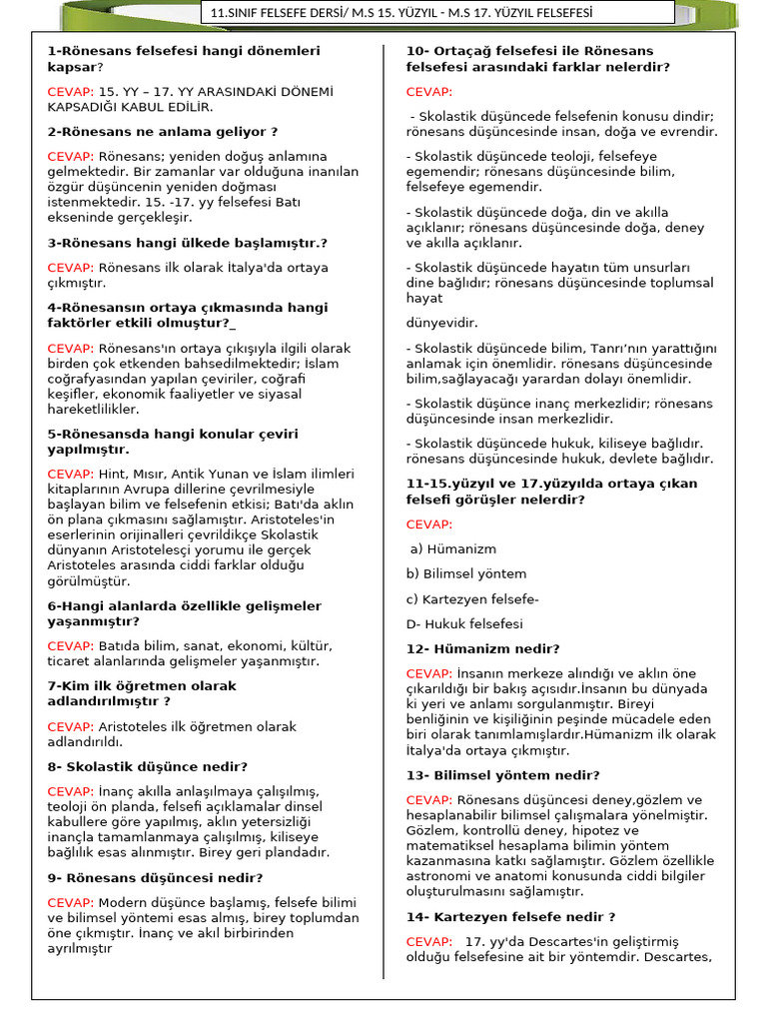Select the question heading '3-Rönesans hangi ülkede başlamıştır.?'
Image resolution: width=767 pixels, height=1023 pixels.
[x=188, y=243]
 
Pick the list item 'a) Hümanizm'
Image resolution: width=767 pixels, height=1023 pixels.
[x=452, y=549]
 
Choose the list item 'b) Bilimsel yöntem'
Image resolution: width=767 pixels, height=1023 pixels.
[x=465, y=574]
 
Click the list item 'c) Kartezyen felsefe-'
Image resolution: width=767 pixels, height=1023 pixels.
[x=472, y=599]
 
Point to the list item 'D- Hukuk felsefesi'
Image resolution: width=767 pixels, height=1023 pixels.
[x=464, y=624]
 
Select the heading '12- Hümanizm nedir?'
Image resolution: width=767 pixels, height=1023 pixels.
[x=482, y=649]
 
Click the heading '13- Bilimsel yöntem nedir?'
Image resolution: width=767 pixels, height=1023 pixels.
[x=502, y=775]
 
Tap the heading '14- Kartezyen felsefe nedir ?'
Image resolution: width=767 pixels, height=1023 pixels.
[x=510, y=917]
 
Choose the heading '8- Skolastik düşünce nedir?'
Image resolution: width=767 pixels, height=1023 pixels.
[x=148, y=767]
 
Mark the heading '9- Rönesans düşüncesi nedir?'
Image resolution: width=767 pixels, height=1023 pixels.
[x=155, y=878]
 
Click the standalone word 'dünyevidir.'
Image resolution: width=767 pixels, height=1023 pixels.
[x=442, y=323]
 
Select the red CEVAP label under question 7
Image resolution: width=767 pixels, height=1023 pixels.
[x=71, y=727]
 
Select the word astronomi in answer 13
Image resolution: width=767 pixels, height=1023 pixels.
[x=441, y=876]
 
